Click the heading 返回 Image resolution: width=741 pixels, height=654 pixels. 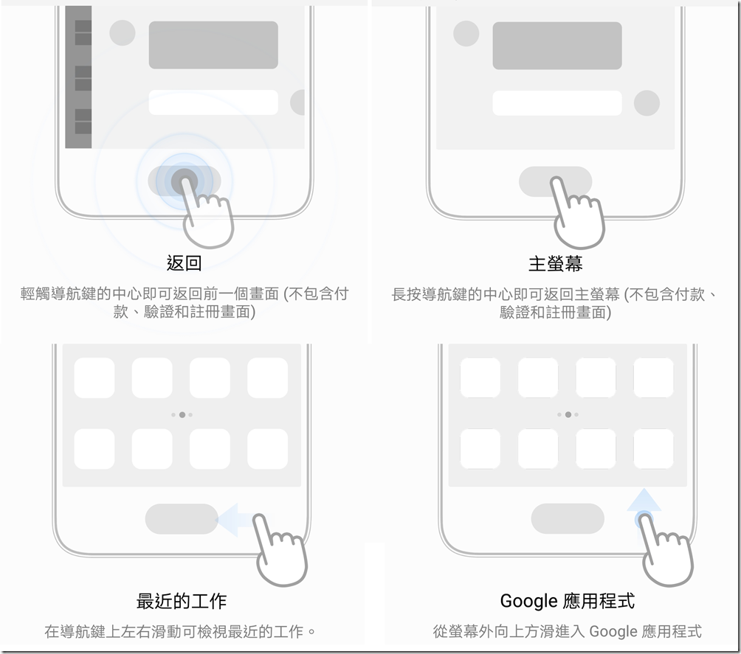[x=185, y=263]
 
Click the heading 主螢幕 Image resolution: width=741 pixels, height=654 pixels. [x=555, y=263]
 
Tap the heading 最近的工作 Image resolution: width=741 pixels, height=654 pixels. [x=182, y=601]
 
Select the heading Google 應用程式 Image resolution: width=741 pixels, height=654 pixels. [x=567, y=601]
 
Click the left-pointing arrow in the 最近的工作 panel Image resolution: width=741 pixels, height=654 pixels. [x=235, y=520]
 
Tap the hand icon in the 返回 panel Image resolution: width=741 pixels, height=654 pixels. [x=207, y=212]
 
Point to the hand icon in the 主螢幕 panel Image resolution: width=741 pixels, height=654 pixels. [x=577, y=213]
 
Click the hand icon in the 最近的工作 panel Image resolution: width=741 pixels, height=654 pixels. [x=280, y=551]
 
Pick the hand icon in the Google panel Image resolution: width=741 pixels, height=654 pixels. [x=666, y=551]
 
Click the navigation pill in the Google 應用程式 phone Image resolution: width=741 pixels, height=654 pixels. [x=568, y=518]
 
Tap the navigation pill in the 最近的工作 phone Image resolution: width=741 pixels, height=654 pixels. [x=182, y=519]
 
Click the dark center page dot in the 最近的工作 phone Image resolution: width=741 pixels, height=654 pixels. [x=182, y=414]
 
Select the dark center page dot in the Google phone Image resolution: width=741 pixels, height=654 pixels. [x=568, y=414]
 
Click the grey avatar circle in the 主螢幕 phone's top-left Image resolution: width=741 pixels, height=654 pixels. [x=466, y=33]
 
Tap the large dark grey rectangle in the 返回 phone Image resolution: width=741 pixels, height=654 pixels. [x=213, y=45]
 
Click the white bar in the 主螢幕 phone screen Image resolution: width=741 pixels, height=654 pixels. [x=557, y=103]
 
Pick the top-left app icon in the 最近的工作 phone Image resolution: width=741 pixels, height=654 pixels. [x=94, y=378]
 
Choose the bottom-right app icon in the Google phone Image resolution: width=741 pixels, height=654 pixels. [x=654, y=449]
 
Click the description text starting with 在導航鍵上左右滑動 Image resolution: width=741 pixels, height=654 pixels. [x=180, y=631]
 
